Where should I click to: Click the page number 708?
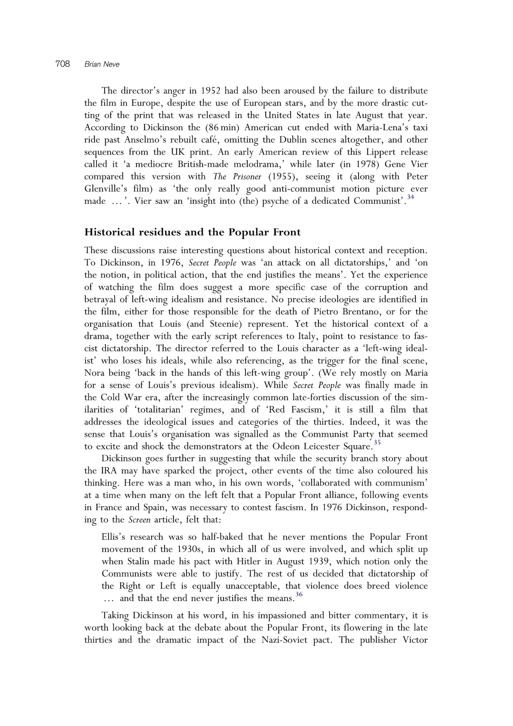(x=63, y=64)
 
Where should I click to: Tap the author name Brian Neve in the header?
(x=102, y=64)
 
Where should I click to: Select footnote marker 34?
(x=410, y=197)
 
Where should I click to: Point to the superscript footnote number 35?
(x=377, y=442)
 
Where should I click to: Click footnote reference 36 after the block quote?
(x=299, y=594)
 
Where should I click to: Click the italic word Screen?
(x=139, y=520)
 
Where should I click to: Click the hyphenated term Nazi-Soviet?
(x=284, y=640)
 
